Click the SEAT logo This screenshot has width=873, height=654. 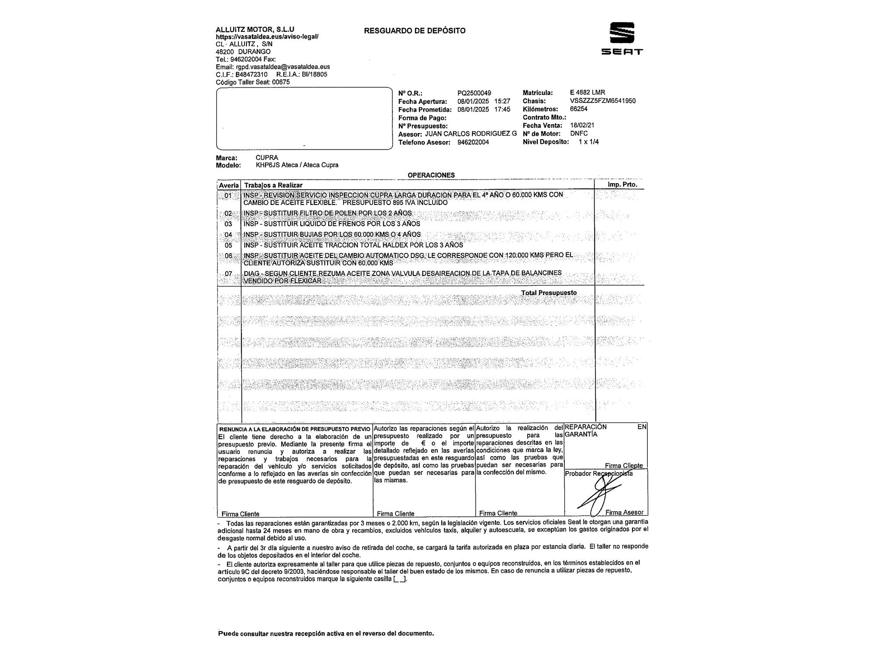tap(622, 38)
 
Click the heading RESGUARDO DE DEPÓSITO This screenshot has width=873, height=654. tap(415, 31)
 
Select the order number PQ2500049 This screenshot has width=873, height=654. tap(474, 93)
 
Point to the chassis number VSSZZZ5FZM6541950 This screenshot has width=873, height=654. tap(602, 101)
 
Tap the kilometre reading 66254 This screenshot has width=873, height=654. tap(578, 109)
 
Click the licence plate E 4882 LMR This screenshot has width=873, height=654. tap(587, 92)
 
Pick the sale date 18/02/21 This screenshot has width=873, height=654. tap(582, 125)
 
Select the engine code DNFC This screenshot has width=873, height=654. tap(579, 133)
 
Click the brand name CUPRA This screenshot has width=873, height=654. tap(267, 157)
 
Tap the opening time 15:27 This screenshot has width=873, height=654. tap(502, 101)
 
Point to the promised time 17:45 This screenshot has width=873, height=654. tap(502, 109)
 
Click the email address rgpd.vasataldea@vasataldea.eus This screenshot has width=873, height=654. tap(283, 67)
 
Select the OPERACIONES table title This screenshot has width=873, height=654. tap(431, 175)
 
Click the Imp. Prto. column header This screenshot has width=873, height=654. tap(622, 184)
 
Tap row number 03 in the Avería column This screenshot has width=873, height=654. tap(228, 224)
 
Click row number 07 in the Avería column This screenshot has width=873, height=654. tap(228, 274)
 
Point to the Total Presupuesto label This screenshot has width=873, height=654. tap(549, 293)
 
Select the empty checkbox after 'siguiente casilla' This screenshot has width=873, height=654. tap(399, 579)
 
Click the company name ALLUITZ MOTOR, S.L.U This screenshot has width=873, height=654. tap(255, 30)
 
